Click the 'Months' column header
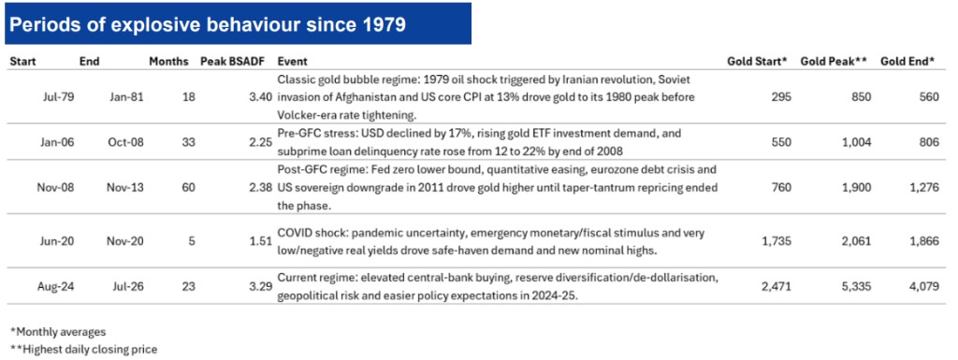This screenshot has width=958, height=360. (169, 62)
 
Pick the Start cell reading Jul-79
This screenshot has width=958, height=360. (60, 96)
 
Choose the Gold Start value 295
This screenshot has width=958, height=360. (783, 96)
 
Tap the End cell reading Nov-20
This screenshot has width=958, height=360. (128, 241)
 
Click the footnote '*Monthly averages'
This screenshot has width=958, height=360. (58, 333)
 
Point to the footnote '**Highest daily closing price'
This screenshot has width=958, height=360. (83, 351)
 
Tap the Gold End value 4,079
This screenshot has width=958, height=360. (925, 285)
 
